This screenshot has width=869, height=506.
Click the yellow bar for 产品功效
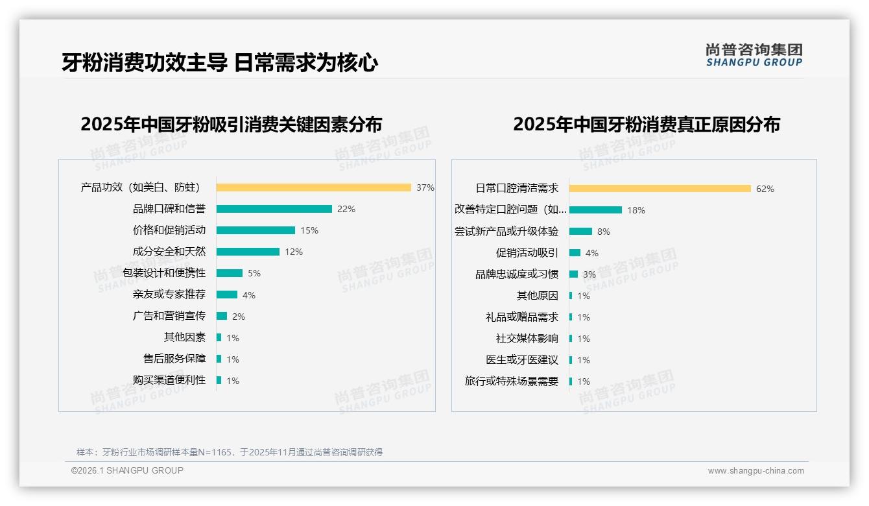coord(313,187)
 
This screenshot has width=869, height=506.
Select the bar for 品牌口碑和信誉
coord(274,209)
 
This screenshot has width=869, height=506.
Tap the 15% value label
coord(309,230)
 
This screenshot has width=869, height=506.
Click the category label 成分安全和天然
coord(169,252)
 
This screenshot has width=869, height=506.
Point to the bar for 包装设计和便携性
coord(229,273)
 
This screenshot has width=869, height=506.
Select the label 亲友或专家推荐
coord(169,295)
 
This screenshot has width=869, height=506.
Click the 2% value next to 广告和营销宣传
coord(238,317)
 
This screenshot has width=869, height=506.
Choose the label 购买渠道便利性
coord(169,380)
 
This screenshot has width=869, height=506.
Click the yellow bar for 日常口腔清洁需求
coord(660,188)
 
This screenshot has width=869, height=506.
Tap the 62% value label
coord(765,189)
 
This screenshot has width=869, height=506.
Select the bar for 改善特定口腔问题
coord(595,210)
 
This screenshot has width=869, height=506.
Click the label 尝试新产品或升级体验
coord(506,232)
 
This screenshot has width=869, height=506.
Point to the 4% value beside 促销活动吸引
coord(591,253)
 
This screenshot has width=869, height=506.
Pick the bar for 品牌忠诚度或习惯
coord(573,274)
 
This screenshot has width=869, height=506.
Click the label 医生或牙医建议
coord(521,360)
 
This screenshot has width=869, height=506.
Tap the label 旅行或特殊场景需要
coord(511,381)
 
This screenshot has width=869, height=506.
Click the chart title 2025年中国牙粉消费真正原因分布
coord(646,124)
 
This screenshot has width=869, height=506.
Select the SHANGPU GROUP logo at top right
coord(754,55)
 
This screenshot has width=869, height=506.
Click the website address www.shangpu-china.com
coord(756,471)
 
